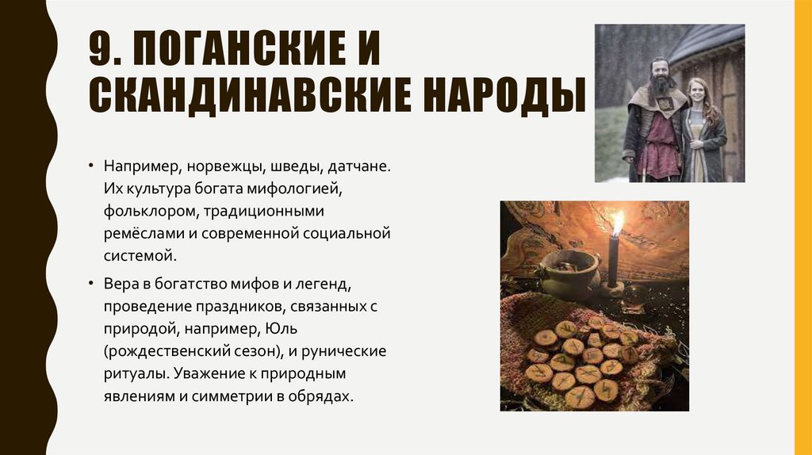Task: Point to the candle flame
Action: click(617, 222)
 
